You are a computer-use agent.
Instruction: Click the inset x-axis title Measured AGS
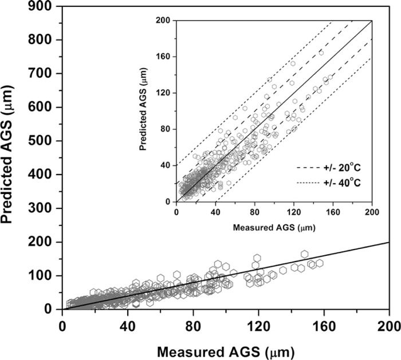click(x=274, y=227)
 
